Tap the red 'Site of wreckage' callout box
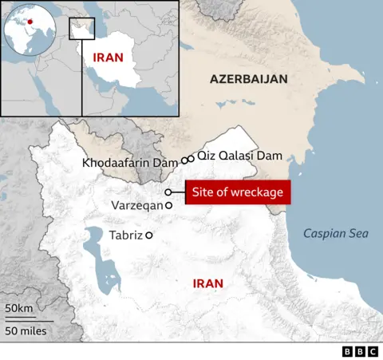238,192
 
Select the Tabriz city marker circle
148,235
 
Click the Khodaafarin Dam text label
129,163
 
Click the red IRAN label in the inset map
108,57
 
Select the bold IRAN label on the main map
207,283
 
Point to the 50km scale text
19,308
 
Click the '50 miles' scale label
25,330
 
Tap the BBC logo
361,351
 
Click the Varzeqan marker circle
168,206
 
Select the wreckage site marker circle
168,192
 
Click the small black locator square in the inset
81,27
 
